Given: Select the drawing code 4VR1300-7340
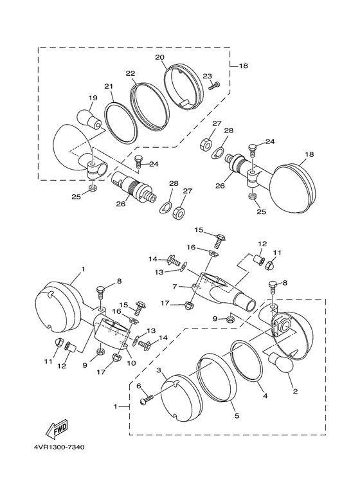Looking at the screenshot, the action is click(60, 447).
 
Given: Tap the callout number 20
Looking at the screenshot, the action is click(159, 57).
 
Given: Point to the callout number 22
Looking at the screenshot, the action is click(130, 73).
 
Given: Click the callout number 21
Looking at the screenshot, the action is click(109, 86).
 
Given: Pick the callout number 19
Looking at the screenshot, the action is click(93, 98).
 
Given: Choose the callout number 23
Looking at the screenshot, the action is click(207, 76).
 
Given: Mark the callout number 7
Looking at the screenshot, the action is click(174, 287).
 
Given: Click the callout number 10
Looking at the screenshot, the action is click(131, 363).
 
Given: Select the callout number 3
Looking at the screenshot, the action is click(159, 370).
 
